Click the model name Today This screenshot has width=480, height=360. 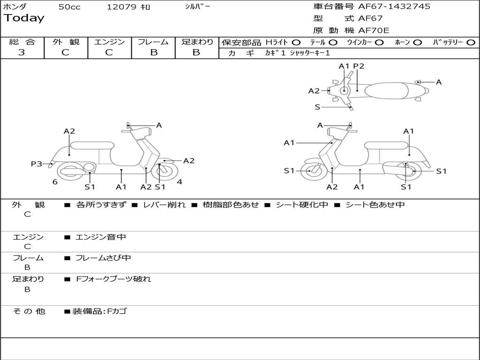pos(24,18)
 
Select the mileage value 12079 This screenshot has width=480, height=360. pos(121,7)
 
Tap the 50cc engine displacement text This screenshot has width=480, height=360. pos(69,7)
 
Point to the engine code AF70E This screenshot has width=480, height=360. pos(374,30)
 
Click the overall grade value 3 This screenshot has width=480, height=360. pos(22,52)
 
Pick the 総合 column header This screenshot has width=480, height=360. pos(22,42)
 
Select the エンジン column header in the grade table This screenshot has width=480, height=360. pos(110,42)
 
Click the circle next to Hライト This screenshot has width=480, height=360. pos(296,42)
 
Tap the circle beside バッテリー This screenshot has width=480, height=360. pos(471,42)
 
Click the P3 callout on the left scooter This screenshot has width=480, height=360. pos(37,164)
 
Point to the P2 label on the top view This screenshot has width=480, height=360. pos(359,66)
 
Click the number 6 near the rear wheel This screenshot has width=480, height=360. pos(55,182)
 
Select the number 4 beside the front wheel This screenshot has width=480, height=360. pos(180,182)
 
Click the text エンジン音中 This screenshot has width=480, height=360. pos(101,237)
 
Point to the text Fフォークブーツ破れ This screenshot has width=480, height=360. pos(113,279)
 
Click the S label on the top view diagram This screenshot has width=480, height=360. pos(317,107)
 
